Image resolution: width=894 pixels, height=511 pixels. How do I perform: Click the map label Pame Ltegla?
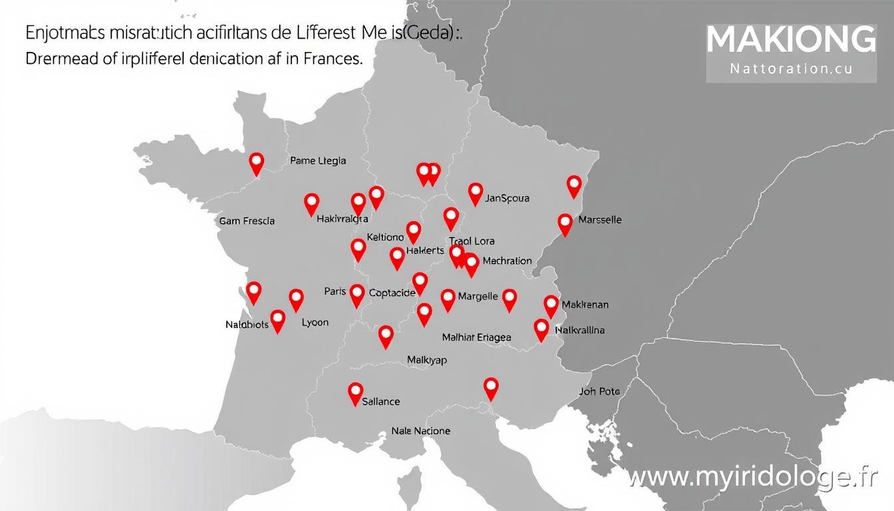tap(318, 160)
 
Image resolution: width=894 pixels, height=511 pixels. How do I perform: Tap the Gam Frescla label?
tap(247, 221)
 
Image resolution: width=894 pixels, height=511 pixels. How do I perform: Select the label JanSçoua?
tap(507, 198)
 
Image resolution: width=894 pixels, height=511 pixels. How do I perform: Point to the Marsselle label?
tap(600, 220)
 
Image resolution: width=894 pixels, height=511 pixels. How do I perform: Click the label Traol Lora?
tap(472, 242)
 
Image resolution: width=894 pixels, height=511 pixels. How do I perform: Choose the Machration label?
tap(507, 261)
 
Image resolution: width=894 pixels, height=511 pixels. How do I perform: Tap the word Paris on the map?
tap(335, 291)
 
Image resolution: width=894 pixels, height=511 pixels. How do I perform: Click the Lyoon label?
tap(315, 322)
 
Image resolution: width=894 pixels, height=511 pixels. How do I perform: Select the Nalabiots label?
tap(247, 325)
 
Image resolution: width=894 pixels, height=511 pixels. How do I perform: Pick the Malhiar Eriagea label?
tap(476, 337)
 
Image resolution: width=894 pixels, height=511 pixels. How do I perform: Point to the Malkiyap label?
tap(426, 360)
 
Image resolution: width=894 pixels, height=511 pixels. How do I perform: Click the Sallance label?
tap(381, 401)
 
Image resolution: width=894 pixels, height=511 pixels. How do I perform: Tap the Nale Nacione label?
tap(420, 430)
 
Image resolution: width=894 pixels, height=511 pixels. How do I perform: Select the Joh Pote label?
tap(599, 391)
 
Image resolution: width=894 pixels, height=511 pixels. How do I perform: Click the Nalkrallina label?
tap(579, 330)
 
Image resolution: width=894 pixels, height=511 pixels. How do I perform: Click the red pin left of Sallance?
tap(356, 393)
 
